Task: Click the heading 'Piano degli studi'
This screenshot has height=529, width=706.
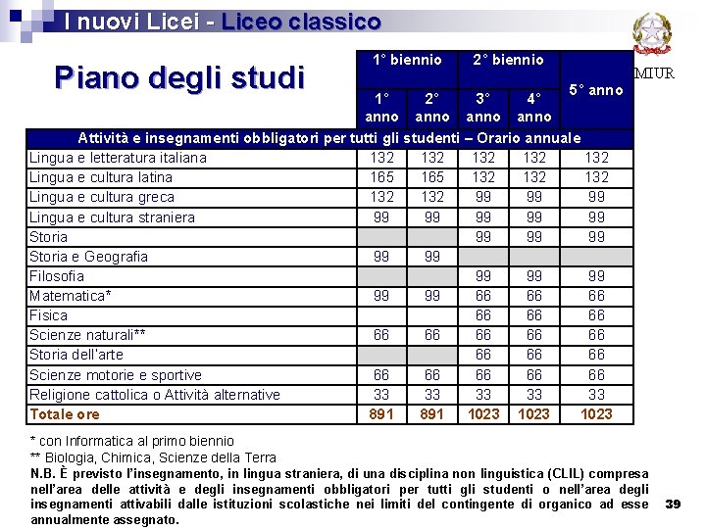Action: pos(179,76)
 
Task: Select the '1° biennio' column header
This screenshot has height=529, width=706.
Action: pos(407,61)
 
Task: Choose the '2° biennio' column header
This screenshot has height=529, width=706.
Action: pos(508,61)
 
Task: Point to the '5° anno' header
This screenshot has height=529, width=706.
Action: pos(596,90)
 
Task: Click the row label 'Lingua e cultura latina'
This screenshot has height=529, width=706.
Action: pos(100,177)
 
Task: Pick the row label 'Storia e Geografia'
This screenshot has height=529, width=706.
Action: pos(88,257)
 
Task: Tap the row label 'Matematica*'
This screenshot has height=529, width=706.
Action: pos(70,296)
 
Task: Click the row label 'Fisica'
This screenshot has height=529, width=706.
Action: pos(48,315)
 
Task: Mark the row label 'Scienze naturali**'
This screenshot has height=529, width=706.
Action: pos(87,335)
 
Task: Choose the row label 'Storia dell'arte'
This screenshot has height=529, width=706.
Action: pos(76,355)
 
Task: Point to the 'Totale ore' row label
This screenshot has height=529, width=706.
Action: pos(64,414)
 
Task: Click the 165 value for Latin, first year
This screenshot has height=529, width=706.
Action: pos(381,177)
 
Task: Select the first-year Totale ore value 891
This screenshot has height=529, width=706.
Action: pos(381,414)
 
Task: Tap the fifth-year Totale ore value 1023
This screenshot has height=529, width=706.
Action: pos(596,414)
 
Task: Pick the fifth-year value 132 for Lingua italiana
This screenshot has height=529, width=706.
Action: pos(596,158)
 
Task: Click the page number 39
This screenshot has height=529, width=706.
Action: pos(673,504)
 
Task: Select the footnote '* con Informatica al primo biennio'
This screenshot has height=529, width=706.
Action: pos(131,441)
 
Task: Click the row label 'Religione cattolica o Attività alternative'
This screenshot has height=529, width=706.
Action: pos(154,395)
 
